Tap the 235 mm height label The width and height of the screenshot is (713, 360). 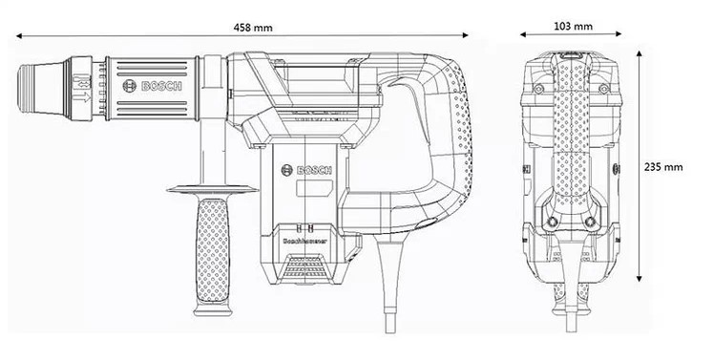click(665, 164)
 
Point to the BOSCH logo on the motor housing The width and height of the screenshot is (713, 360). click(309, 173)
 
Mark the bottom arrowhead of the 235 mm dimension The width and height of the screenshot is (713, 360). click(640, 283)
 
